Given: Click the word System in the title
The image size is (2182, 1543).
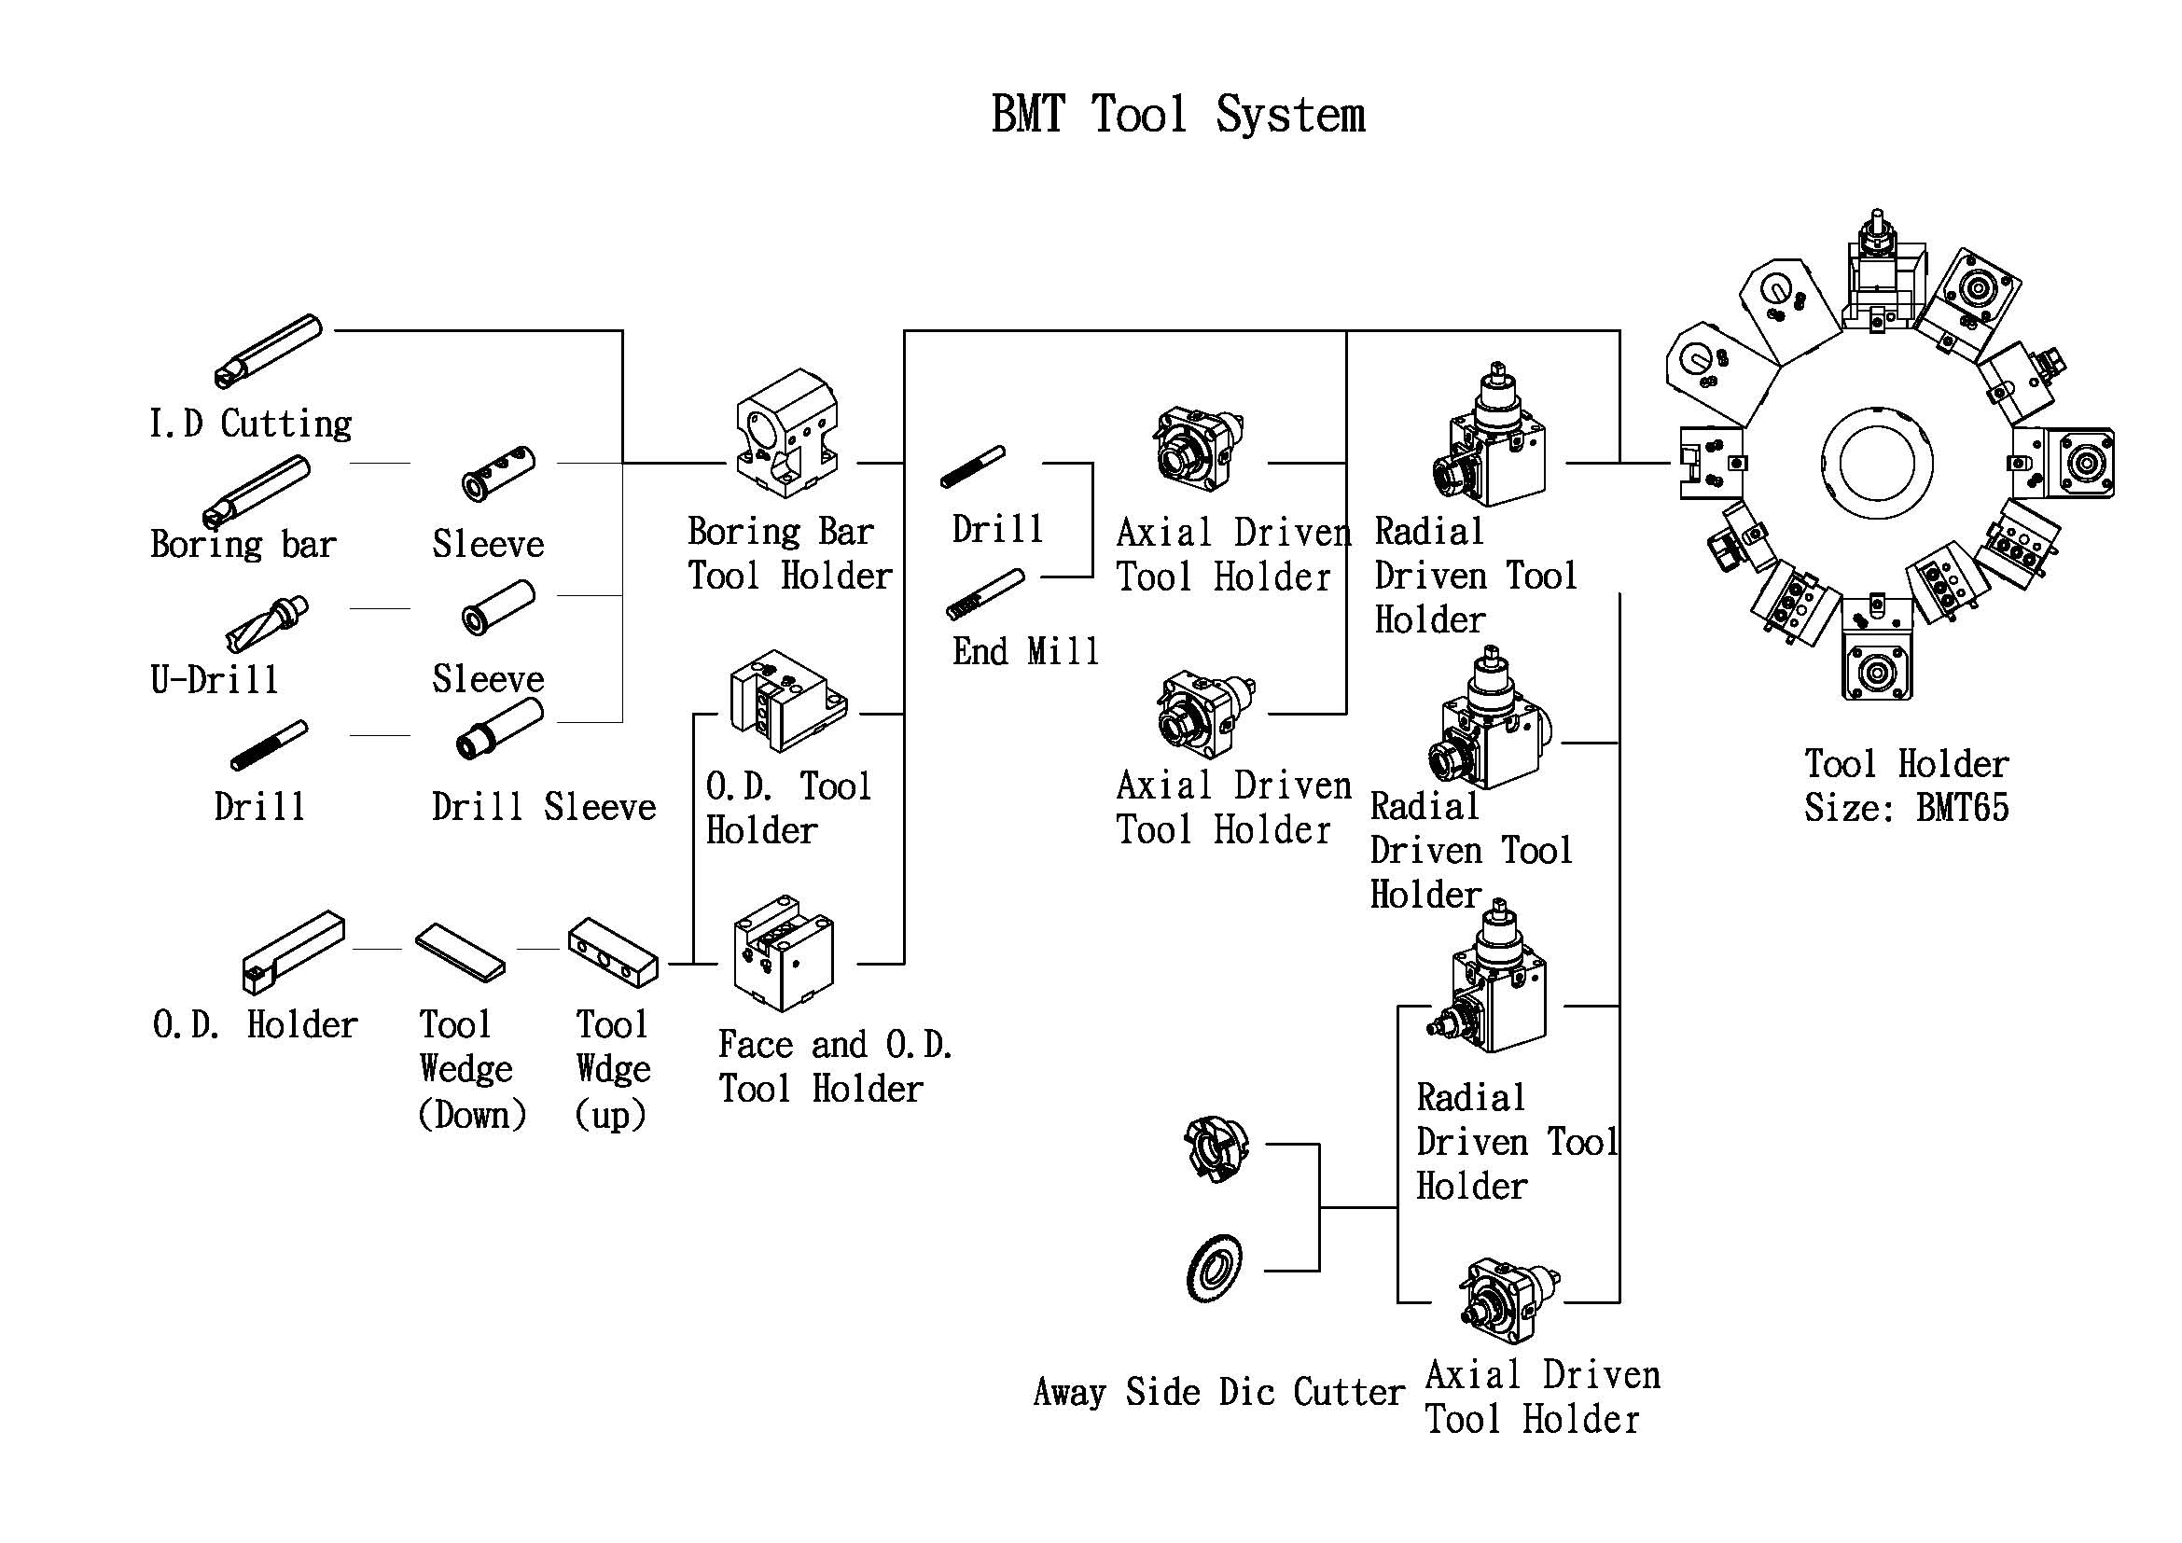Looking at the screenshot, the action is tap(1289, 116).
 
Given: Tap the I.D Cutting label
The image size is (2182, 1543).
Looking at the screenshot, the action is tap(251, 424).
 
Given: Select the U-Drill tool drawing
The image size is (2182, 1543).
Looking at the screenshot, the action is tap(267, 623).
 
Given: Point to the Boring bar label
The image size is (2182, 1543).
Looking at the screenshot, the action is tap(243, 545).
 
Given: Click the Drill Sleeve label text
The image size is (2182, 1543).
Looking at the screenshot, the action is tap(544, 807).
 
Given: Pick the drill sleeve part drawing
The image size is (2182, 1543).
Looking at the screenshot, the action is tap(500, 729).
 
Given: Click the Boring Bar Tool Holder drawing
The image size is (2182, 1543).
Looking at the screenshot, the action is tap(788, 433).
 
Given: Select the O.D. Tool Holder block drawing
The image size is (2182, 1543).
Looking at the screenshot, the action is tap(788, 701).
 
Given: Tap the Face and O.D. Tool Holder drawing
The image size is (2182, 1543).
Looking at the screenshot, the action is tap(784, 953).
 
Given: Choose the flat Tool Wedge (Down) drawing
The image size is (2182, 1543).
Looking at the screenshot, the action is tap(461, 951).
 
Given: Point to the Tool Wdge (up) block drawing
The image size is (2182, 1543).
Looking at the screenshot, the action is tap(613, 952).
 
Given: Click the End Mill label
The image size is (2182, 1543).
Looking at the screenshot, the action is tap(1025, 652).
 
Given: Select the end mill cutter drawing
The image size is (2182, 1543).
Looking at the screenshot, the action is tap(985, 594).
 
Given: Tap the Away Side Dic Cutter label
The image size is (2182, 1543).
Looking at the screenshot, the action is tap(1219, 1392).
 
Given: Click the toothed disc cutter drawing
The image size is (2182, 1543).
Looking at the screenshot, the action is tap(1215, 1270).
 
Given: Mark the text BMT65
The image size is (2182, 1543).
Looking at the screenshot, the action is tap(1963, 809).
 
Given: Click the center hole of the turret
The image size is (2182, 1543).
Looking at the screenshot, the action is tap(1877, 463).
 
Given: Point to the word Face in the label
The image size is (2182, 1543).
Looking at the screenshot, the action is tap(756, 1045).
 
